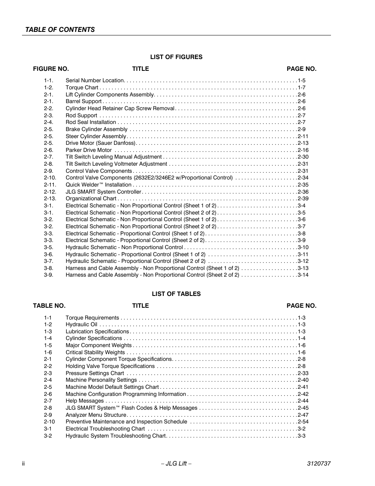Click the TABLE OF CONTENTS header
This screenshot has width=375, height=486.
click(60, 30)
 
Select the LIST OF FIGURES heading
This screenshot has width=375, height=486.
click(176, 57)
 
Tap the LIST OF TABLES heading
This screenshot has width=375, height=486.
click(176, 294)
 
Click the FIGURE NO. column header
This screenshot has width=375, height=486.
click(51, 69)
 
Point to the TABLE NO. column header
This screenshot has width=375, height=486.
click(49, 306)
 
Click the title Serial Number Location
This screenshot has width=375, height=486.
click(95, 80)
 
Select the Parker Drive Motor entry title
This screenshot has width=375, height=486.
click(88, 150)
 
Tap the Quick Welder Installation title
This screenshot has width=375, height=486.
click(98, 185)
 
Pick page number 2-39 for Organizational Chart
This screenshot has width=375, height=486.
click(303, 199)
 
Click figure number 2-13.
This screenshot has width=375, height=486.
click(50, 199)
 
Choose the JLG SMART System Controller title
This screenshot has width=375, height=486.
click(103, 192)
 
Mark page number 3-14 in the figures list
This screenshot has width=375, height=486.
click(303, 275)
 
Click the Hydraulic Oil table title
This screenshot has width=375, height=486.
click(81, 325)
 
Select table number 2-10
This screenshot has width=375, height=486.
click(49, 422)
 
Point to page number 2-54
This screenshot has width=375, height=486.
click(303, 422)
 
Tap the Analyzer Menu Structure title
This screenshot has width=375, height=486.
click(96, 415)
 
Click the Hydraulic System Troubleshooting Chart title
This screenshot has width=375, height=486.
click(116, 436)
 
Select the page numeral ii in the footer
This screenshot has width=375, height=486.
click(24, 464)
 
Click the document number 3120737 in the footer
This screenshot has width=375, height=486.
click(318, 464)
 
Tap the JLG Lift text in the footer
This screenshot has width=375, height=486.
click(176, 464)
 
